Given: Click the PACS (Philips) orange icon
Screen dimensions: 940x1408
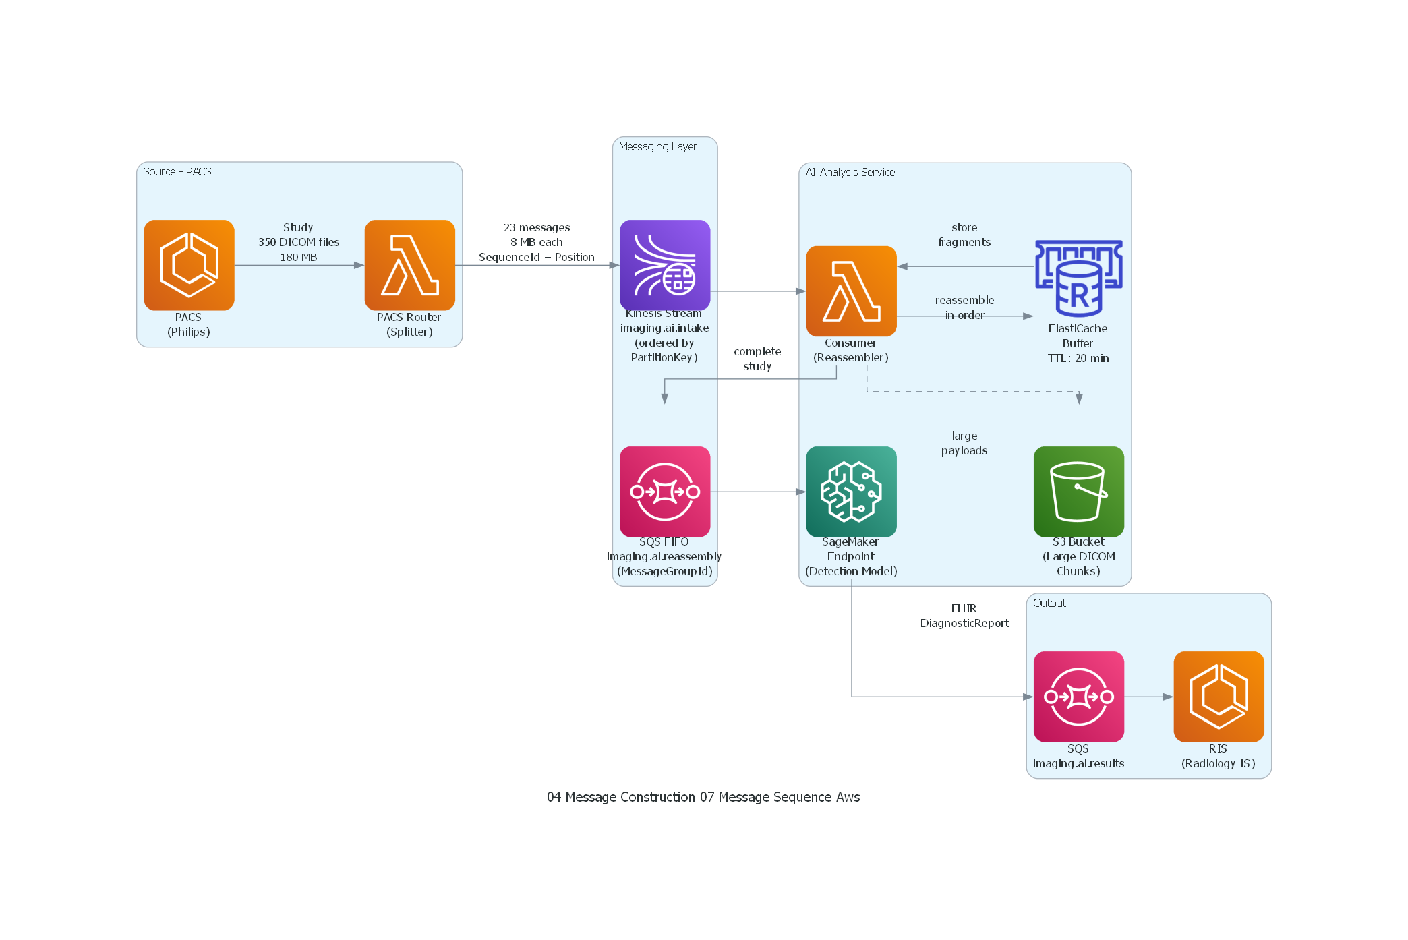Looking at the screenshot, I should tap(189, 265).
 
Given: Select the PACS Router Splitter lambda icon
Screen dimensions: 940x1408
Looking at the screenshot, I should tap(409, 265).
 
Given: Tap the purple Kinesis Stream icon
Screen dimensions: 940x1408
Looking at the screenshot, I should tap(664, 265).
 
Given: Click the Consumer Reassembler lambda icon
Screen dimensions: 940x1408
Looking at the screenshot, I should tap(851, 291).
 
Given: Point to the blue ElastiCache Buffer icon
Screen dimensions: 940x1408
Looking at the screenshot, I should tap(1078, 278).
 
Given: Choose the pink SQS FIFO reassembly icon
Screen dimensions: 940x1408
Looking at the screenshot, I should tap(664, 492).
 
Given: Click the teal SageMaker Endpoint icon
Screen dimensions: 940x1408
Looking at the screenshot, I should tap(851, 492).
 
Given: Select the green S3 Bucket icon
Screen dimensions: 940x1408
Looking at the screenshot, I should tap(1078, 492).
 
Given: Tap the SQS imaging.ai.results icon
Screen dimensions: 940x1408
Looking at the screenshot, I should tap(1078, 697).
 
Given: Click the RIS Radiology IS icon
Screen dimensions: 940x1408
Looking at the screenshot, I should tap(1219, 697).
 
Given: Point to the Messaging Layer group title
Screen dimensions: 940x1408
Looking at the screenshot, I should tap(657, 146).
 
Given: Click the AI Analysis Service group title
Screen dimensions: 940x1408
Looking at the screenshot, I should tap(850, 172).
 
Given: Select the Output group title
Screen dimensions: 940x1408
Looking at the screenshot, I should tap(1049, 603).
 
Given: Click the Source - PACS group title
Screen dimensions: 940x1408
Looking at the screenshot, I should tap(177, 171).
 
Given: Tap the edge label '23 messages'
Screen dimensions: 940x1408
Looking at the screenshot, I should tap(537, 227).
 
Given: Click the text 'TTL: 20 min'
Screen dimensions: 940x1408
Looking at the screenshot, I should tap(1078, 358).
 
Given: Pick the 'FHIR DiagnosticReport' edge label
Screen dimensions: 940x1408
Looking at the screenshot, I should tap(964, 616).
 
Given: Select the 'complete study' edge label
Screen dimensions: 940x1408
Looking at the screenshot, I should tap(757, 359).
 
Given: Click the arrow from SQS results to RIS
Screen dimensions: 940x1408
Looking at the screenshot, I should tap(1148, 697).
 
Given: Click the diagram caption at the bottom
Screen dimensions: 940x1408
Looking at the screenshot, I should tap(703, 797).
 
